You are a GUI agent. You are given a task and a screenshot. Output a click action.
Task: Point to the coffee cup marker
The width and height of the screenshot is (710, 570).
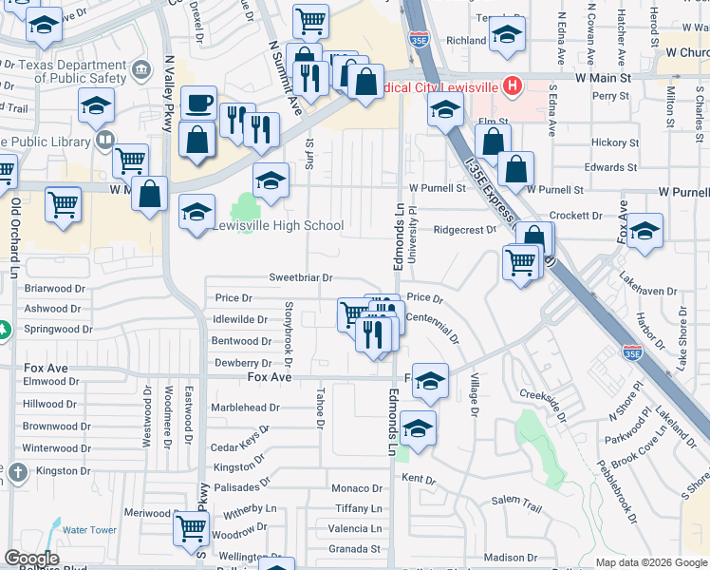tap(198, 103)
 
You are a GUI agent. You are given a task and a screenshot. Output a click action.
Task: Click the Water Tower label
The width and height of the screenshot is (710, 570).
tap(90, 530)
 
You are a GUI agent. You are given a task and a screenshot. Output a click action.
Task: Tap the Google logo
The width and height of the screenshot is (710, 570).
tap(31, 559)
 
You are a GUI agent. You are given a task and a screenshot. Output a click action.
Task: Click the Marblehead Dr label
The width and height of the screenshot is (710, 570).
tap(246, 408)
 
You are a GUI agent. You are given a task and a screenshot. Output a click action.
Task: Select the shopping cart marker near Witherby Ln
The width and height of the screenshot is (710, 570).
tap(192, 526)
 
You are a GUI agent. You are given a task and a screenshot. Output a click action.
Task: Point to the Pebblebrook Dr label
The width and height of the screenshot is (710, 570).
tap(628, 495)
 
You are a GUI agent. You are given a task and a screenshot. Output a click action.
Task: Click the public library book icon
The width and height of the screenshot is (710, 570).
tap(105, 142)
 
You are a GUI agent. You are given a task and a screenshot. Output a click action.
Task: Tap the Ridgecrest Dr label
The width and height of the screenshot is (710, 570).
tap(465, 230)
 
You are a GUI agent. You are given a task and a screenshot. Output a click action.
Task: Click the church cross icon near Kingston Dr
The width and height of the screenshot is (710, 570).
tap(17, 472)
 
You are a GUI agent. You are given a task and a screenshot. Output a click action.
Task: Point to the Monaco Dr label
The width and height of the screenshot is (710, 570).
tap(356, 487)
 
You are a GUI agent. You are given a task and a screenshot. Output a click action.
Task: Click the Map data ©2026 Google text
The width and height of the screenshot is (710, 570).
tap(650, 562)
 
